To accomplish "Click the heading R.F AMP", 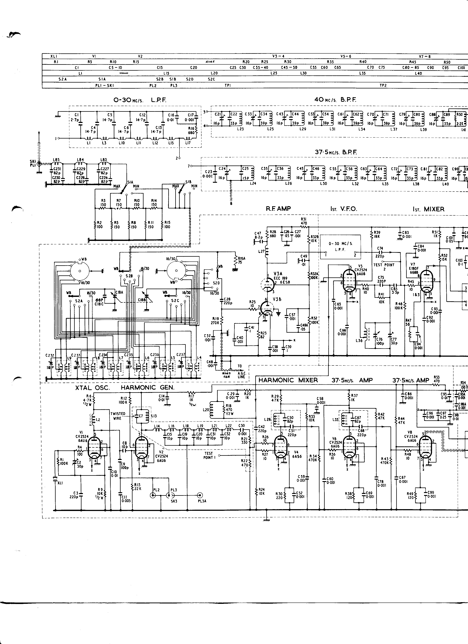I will pos(278,209).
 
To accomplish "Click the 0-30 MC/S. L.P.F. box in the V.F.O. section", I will pos(340,247).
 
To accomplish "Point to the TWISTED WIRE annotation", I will pos(118,416).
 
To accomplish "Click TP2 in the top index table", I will pos(383,85).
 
